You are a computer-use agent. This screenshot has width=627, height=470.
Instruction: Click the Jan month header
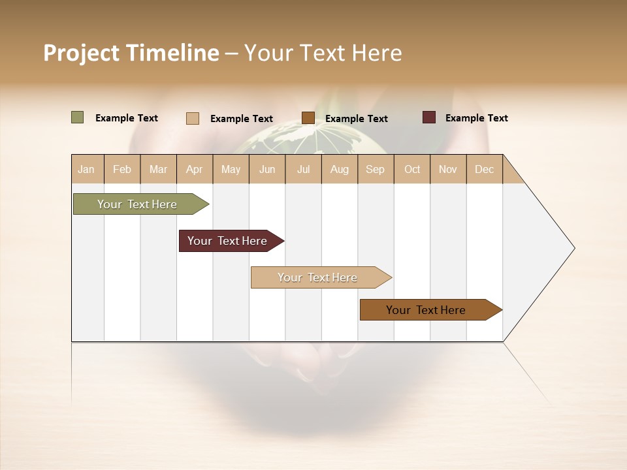pyautogui.click(x=86, y=169)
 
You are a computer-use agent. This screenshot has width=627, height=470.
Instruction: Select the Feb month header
pyautogui.click(x=122, y=169)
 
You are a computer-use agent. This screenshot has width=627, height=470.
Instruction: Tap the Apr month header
pyautogui.click(x=194, y=169)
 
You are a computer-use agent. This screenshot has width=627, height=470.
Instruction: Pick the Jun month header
pyautogui.click(x=267, y=169)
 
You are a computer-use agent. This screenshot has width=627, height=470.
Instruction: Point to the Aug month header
pyautogui.click(x=339, y=169)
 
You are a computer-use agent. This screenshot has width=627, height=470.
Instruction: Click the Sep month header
pyautogui.click(x=375, y=169)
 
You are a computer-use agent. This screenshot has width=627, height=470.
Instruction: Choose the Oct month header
pyautogui.click(x=412, y=169)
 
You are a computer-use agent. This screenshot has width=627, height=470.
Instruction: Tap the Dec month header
pyautogui.click(x=484, y=169)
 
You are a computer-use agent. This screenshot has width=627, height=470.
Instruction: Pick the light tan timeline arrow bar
pyautogui.click(x=319, y=277)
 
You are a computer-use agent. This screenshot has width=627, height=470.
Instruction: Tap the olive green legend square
pyautogui.click(x=77, y=117)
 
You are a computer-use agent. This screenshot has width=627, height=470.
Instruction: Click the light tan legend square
pyautogui.click(x=192, y=118)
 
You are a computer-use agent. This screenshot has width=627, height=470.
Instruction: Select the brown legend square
pyautogui.click(x=308, y=117)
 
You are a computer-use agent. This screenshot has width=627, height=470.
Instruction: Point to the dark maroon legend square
pyautogui.click(x=428, y=117)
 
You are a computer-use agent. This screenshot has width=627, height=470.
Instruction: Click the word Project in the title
pyautogui.click(x=81, y=53)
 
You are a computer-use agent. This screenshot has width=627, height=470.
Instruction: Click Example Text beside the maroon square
pyautogui.click(x=476, y=118)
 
